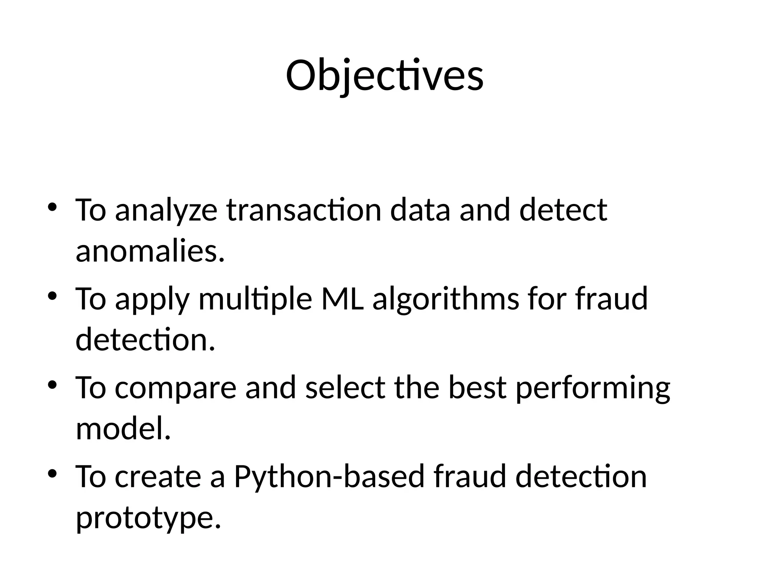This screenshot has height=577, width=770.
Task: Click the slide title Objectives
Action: click(385, 76)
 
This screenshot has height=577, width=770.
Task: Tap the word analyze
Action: click(166, 210)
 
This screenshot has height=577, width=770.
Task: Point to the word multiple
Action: click(255, 299)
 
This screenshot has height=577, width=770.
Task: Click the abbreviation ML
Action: click(343, 299)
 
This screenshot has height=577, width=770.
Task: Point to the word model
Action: click(123, 429)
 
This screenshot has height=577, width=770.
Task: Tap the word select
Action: click(345, 388)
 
